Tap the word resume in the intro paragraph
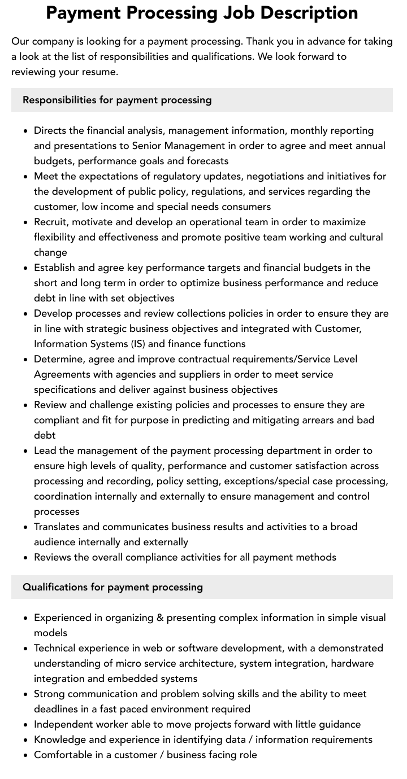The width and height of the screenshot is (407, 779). click(x=99, y=72)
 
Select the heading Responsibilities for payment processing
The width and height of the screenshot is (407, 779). click(x=117, y=100)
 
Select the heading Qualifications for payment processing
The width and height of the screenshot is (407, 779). click(x=112, y=587)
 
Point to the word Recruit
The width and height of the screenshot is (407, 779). click(x=50, y=222)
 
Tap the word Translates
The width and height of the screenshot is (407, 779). click(x=58, y=527)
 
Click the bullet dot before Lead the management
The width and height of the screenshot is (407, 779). click(x=25, y=451)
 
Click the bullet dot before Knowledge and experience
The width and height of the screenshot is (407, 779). click(x=25, y=740)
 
